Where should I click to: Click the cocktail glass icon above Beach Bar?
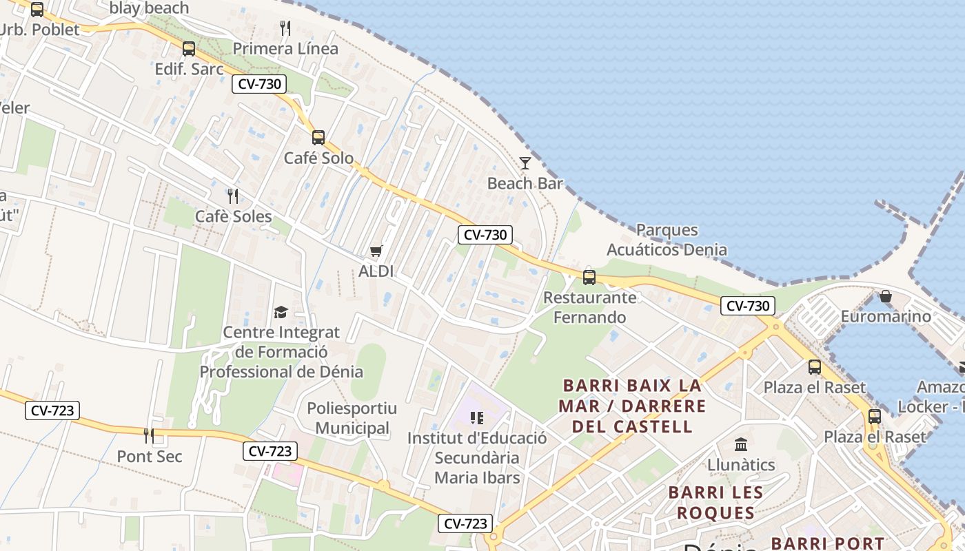tap(525, 163)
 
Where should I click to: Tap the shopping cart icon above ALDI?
tap(376, 251)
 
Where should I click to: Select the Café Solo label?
tap(318, 158)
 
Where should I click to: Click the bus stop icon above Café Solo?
tap(318, 137)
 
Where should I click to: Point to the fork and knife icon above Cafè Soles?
tap(233, 196)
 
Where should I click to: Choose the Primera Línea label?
tap(285, 49)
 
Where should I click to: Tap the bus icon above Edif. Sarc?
tap(188, 49)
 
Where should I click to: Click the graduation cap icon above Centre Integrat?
tap(281, 313)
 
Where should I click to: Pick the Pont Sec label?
tap(150, 456)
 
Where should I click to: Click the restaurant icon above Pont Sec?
tap(148, 435)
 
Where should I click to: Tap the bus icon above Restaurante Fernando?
tap(589, 277)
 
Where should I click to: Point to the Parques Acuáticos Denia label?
tap(667, 240)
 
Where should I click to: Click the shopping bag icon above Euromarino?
tap(886, 296)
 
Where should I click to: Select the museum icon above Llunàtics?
tap(741, 444)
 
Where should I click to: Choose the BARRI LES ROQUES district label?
tap(715, 503)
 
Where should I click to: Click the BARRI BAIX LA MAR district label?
tap(632, 406)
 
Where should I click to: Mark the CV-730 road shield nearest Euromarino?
tap(748, 306)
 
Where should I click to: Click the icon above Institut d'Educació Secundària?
tap(476, 417)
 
